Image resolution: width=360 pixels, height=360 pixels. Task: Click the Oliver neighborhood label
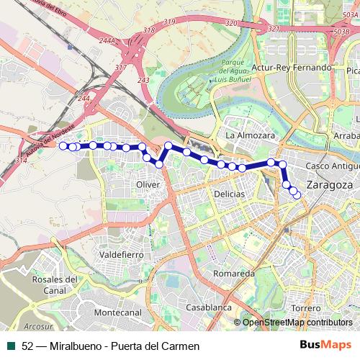tap(148, 185)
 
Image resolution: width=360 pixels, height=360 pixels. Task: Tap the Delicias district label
tap(229, 194)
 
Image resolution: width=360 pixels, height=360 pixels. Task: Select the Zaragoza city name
tap(329, 185)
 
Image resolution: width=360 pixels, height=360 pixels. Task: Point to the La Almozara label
tap(251, 135)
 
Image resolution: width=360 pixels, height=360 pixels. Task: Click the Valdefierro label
tap(122, 255)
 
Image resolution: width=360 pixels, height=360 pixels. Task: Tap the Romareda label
tap(234, 274)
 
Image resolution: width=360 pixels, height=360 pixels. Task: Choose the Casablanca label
tap(208, 307)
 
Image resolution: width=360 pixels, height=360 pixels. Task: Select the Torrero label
tap(307, 308)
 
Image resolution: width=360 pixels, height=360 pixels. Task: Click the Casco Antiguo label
tap(332, 166)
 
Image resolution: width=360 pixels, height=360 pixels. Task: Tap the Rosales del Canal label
tap(55, 285)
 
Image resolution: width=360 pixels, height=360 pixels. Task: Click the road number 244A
tap(107, 41)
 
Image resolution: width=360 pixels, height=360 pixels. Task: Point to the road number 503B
tap(343, 32)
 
